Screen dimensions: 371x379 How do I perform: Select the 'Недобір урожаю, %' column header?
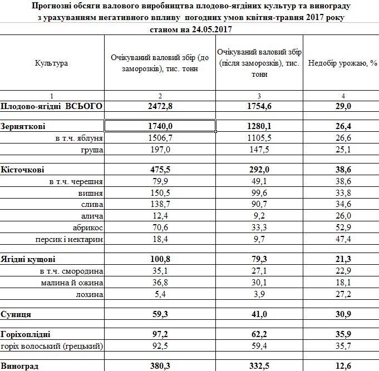click(340, 63)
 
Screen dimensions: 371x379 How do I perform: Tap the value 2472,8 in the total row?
click(160, 106)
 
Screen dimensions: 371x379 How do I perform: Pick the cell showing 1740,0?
click(160, 127)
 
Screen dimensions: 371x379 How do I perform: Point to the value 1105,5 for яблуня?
click(259, 137)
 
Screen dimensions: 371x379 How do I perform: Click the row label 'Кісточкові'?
click(23, 169)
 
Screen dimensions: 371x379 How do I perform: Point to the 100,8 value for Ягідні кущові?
click(160, 259)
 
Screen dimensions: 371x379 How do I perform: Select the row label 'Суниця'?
click(17, 314)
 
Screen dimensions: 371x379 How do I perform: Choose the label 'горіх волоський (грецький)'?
click(53, 346)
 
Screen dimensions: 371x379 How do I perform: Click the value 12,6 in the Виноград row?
click(340, 365)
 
